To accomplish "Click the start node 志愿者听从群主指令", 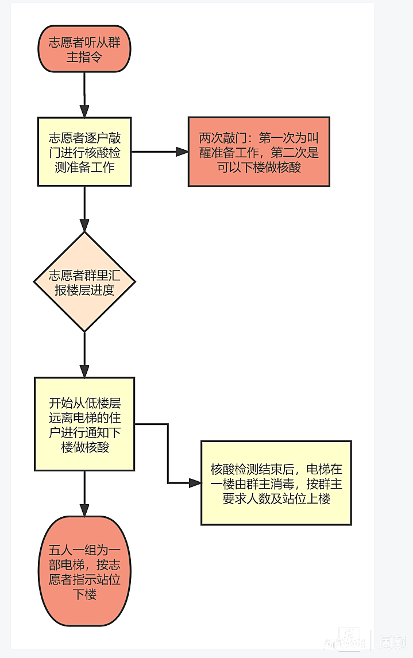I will tap(84, 49).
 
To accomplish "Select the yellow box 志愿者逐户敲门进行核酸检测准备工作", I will tap(84, 152).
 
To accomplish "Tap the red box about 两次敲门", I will tap(258, 152).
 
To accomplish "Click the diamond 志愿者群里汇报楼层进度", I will tap(84, 281).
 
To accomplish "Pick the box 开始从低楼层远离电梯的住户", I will tap(84, 424).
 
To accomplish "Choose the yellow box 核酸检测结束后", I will tap(276, 482).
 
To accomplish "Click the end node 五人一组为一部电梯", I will tap(84, 571).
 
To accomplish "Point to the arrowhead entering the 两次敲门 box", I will tap(182, 152).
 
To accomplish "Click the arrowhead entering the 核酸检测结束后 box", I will tap(195, 483).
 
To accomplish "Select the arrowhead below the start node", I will tap(84, 111).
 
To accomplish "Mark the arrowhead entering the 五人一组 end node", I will tap(84, 510).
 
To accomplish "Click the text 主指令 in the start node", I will tap(84, 57).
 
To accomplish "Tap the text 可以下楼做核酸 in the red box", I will tap(258, 167).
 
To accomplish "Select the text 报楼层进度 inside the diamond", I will tap(84, 290).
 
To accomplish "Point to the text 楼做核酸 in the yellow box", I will tap(85, 447).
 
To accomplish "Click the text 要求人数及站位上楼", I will tap(276, 498).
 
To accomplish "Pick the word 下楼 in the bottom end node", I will tap(84, 594).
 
